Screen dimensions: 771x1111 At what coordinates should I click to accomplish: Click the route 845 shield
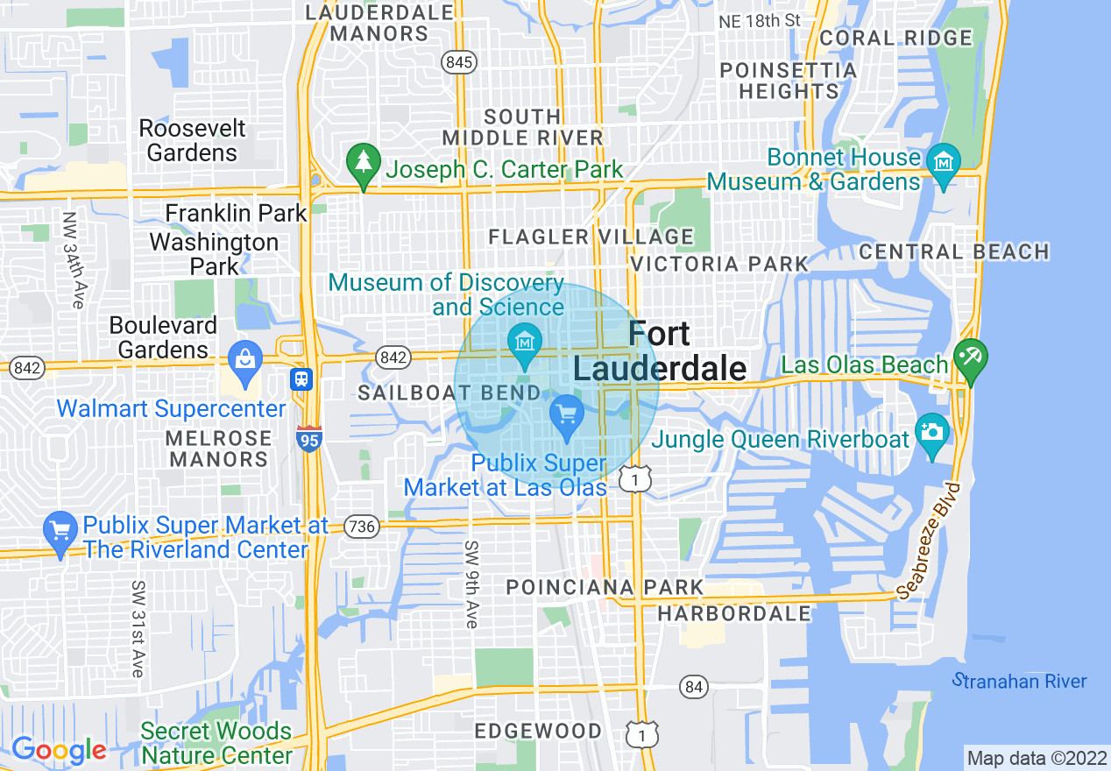(459, 61)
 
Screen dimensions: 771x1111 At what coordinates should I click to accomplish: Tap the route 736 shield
(361, 527)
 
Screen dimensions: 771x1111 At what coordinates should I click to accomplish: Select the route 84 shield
(694, 687)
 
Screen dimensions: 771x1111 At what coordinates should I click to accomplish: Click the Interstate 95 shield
(308, 438)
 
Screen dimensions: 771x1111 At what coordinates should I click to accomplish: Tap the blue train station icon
(301, 378)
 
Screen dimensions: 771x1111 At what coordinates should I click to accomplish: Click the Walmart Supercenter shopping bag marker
(244, 360)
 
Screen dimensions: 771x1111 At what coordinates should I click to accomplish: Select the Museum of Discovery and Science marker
(525, 342)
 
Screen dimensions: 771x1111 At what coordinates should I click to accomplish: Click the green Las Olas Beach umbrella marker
(971, 358)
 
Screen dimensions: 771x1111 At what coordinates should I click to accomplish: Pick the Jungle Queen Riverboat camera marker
(931, 433)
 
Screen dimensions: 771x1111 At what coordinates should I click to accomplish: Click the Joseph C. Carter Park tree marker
(361, 163)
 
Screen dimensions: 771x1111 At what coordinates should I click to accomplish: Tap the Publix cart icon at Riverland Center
(60, 531)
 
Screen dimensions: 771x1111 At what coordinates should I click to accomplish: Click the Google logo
(58, 750)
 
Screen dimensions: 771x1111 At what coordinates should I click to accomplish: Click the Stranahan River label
(1020, 681)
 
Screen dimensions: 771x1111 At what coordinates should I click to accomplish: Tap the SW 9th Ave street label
(471, 584)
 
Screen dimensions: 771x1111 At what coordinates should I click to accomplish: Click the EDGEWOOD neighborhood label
(538, 731)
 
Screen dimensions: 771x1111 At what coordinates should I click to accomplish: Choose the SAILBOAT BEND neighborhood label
(449, 393)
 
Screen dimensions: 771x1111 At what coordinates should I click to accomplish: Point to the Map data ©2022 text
(1034, 757)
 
